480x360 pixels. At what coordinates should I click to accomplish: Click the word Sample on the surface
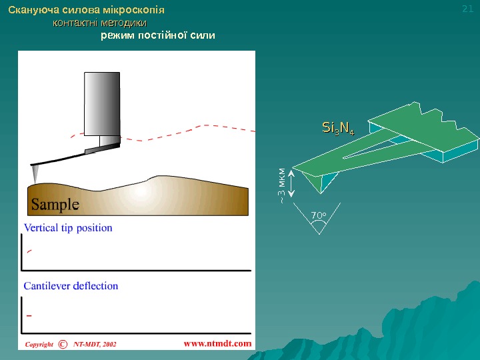tap(53, 203)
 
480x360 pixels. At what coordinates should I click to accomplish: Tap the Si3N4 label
tap(338, 127)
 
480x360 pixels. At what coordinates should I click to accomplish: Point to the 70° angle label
tap(319, 215)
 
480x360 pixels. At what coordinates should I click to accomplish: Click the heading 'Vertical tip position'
tap(68, 228)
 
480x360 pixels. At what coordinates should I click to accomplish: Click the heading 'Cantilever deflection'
tap(71, 286)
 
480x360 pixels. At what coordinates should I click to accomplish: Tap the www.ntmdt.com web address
tap(217, 343)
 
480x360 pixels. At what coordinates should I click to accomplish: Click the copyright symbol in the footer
tap(63, 344)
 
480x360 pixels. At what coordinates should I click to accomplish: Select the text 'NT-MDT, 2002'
tap(95, 344)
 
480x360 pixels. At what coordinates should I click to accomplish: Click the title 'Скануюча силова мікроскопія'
tap(86, 11)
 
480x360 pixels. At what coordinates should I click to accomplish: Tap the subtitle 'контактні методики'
tap(100, 23)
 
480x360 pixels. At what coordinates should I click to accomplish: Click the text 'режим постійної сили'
tap(158, 35)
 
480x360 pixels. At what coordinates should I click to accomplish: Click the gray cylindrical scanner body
tap(103, 103)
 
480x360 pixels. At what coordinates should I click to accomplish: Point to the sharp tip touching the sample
tap(35, 177)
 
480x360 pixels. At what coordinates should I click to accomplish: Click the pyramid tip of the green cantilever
tap(314, 181)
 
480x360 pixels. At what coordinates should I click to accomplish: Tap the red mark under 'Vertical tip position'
tap(28, 251)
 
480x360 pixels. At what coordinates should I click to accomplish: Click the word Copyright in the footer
tap(39, 344)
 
